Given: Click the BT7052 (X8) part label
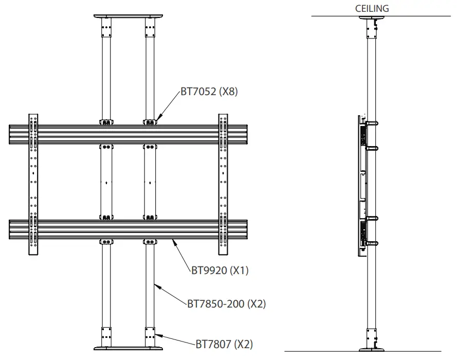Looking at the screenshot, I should point(209,92).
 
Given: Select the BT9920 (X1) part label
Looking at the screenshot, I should point(220,271).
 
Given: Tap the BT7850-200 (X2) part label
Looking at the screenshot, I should point(226,304).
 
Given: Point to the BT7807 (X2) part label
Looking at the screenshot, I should point(224,344).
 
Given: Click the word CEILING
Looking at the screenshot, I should point(372,9).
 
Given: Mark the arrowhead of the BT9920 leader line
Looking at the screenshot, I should point(174,240).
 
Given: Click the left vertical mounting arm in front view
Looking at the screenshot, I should point(33,184).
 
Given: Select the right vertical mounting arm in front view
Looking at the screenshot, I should point(223,184).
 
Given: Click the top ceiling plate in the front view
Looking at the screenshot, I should point(128,16).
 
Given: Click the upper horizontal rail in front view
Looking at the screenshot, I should point(128,134).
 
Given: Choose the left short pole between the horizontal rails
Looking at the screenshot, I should point(106,182).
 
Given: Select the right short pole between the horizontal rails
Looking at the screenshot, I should point(150,182).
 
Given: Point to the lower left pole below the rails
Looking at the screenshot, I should point(106,288).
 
